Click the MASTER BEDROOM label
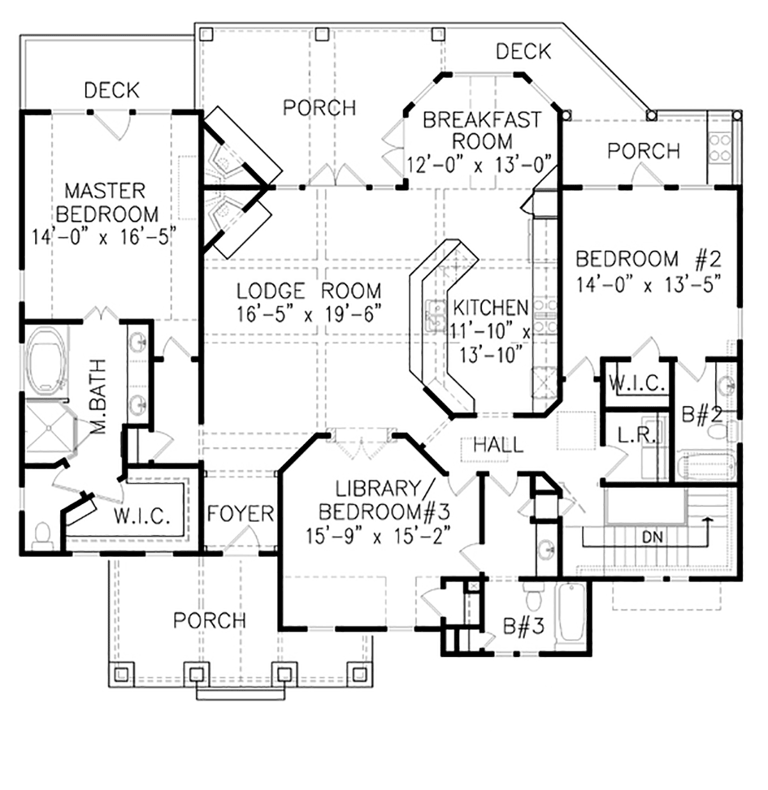point(106,203)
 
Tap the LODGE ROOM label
point(309,290)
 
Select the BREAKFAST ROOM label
point(482,130)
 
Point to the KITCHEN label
point(490,308)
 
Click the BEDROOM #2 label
point(648,258)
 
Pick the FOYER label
point(241,514)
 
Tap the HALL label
point(498,445)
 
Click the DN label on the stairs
point(653,538)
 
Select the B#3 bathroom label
point(524,626)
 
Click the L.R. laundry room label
point(636,435)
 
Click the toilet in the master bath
point(42,534)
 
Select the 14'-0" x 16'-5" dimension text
point(104,237)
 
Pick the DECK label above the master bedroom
point(112,90)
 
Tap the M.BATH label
point(98,396)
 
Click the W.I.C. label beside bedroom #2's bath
point(636,383)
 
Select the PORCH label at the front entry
point(209,620)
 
